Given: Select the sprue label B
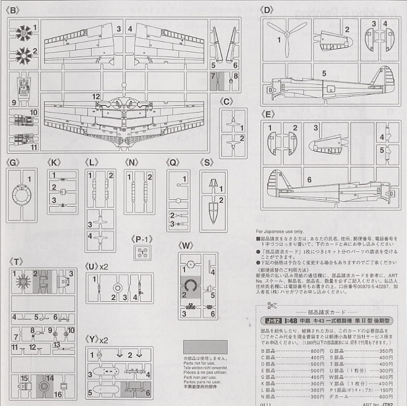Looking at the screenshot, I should [15, 10].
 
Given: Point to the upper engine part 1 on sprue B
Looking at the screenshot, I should [23, 32].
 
